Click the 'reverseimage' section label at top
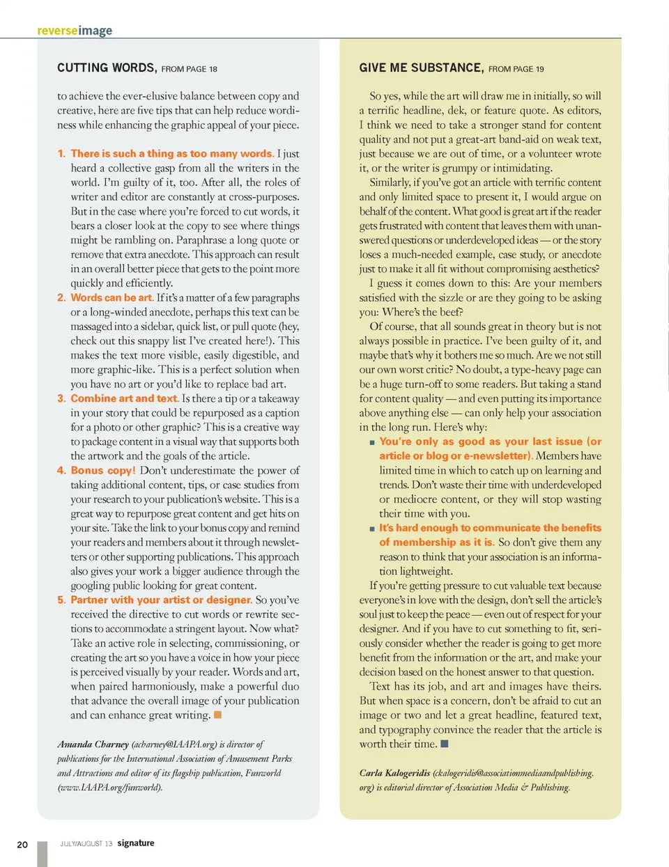[75, 31]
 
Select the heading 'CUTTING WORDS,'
[106, 68]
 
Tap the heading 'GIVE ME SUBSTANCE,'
[421, 68]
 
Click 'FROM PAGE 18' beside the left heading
[189, 69]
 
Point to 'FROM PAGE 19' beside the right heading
[516, 69]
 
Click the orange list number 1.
[61, 154]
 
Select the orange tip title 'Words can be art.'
[111, 297]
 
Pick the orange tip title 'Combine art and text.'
[124, 398]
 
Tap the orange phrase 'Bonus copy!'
[103, 470]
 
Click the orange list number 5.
[61, 600]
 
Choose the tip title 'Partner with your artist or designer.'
[161, 600]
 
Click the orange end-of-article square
[217, 714]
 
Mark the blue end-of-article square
[445, 744]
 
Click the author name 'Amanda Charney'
[93, 744]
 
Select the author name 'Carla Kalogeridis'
[394, 772]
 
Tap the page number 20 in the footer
[22, 844]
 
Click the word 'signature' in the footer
[136, 843]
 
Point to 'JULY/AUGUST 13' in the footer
[86, 843]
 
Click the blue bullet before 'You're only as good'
[372, 442]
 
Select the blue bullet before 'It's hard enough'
[372, 529]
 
